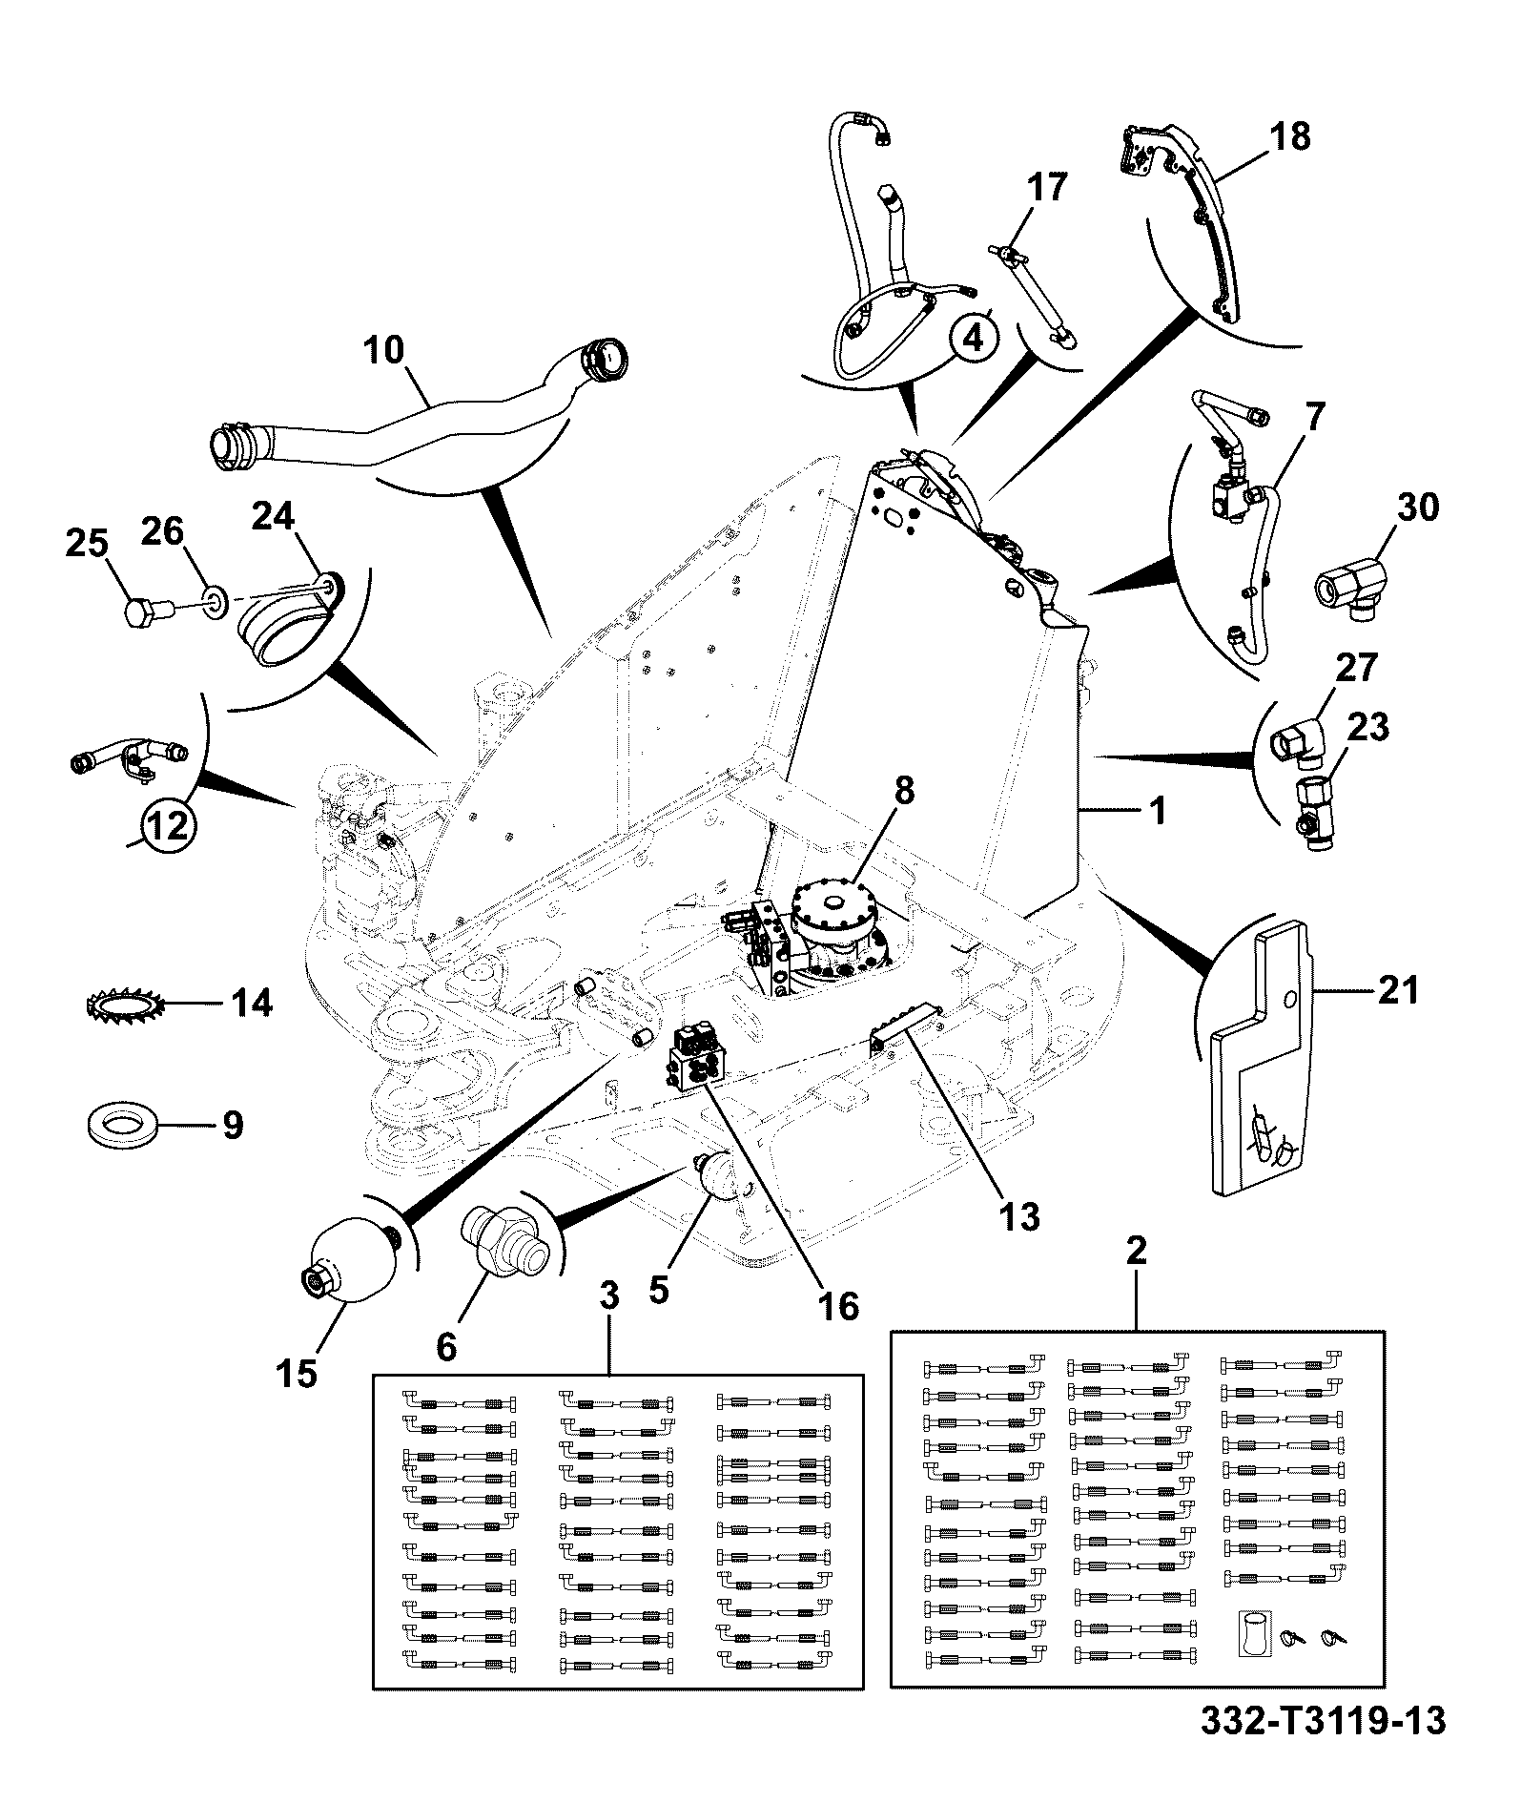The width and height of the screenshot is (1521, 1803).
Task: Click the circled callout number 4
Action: click(x=972, y=338)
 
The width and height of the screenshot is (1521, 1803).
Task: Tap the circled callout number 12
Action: click(x=168, y=824)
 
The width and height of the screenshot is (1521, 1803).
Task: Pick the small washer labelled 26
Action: click(x=215, y=601)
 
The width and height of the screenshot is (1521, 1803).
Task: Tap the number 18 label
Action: click(x=1289, y=137)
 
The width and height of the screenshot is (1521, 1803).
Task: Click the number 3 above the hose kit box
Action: click(x=609, y=1295)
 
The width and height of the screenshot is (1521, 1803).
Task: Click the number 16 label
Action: click(x=838, y=1306)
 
